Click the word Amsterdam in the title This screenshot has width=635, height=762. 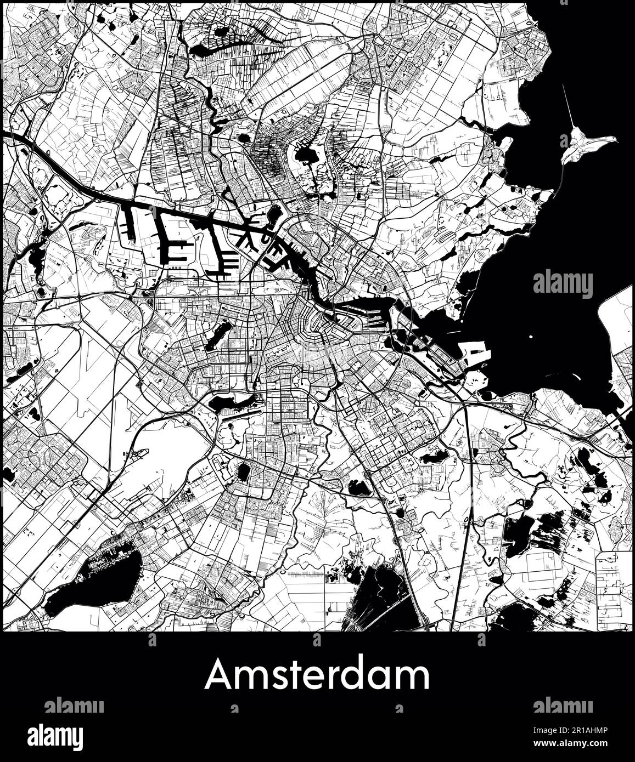coord(317,675)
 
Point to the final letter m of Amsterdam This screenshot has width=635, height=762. coord(414,678)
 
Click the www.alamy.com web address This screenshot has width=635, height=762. coord(574,744)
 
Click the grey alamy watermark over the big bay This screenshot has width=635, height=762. coord(563,285)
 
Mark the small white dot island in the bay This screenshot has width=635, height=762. coord(531,337)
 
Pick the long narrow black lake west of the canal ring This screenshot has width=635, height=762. coord(218,335)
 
